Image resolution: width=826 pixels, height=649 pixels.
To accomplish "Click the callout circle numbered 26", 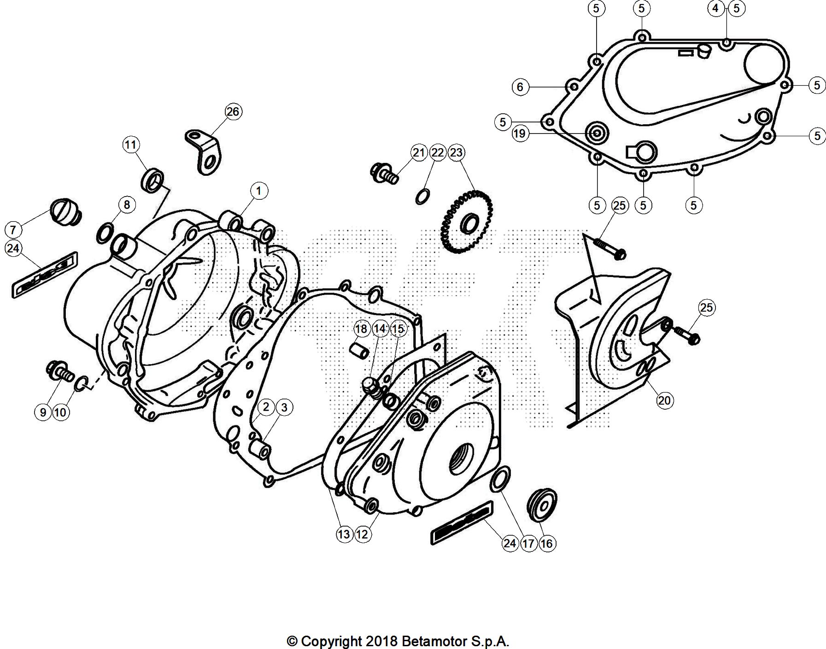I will coord(233,112).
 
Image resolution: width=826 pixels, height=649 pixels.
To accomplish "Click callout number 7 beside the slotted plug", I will coord(13,229).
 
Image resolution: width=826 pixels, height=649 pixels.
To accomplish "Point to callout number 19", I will coord(519,133).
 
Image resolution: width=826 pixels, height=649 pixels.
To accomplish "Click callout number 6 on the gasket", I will coord(520,87).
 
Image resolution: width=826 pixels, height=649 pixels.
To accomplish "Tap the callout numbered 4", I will coord(715,8).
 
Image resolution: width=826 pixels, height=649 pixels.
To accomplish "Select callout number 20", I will coord(664,400).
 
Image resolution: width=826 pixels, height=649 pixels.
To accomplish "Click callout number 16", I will coord(546,544).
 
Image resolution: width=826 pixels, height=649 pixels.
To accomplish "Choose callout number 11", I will coord(131,145).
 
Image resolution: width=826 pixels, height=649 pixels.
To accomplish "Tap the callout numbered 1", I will coord(259,191).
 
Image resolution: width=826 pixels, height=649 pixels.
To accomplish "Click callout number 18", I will coord(361,329).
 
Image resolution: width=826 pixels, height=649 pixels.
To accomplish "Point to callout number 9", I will coord(43,412).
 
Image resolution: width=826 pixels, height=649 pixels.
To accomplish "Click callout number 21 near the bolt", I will coord(418,152).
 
